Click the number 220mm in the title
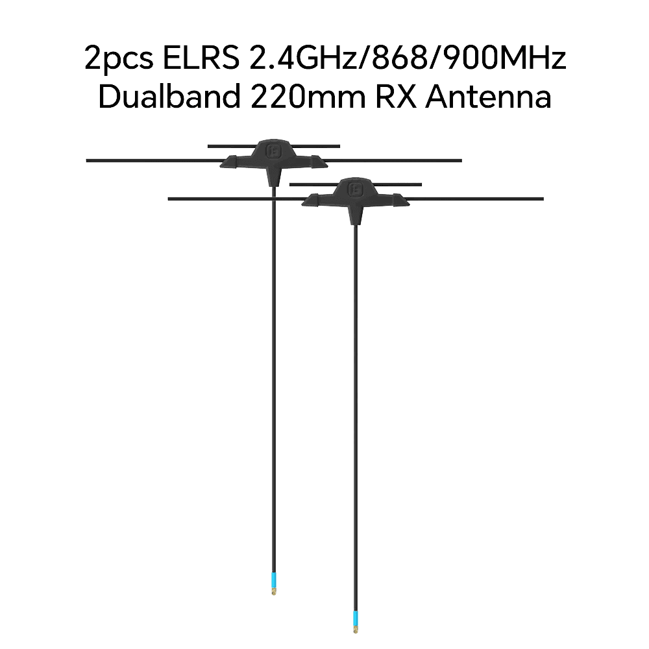click(308, 96)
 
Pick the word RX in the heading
click(396, 96)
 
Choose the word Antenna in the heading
click(489, 96)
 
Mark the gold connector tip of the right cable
click(356, 630)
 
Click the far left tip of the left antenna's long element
click(86, 160)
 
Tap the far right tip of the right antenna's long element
click(543, 199)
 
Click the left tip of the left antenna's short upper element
click(208, 146)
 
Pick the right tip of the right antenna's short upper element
click(421, 184)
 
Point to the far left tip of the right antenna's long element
click(169, 199)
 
